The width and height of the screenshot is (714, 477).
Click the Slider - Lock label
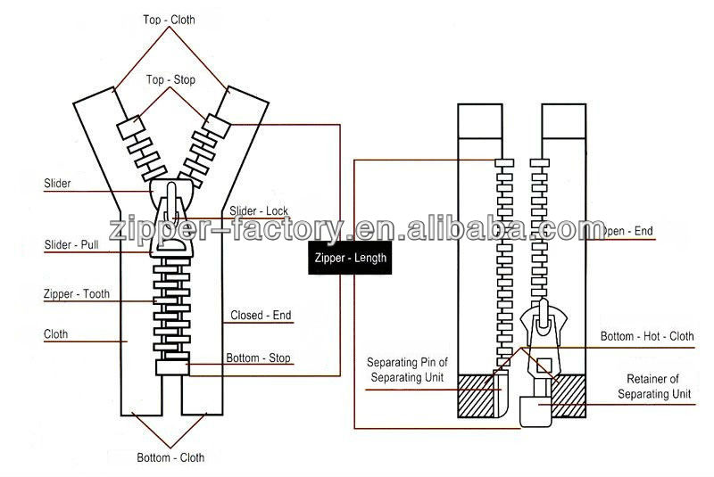point(259,210)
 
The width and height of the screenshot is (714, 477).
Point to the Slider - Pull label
point(71,244)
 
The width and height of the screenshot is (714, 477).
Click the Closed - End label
point(261,315)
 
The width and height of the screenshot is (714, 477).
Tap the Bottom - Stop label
point(258,358)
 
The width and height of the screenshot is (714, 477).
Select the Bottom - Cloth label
point(170,457)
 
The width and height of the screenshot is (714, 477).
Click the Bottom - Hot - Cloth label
point(646,336)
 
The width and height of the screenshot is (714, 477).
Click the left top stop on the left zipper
point(130,127)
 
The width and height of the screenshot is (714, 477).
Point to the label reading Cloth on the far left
point(56,335)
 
